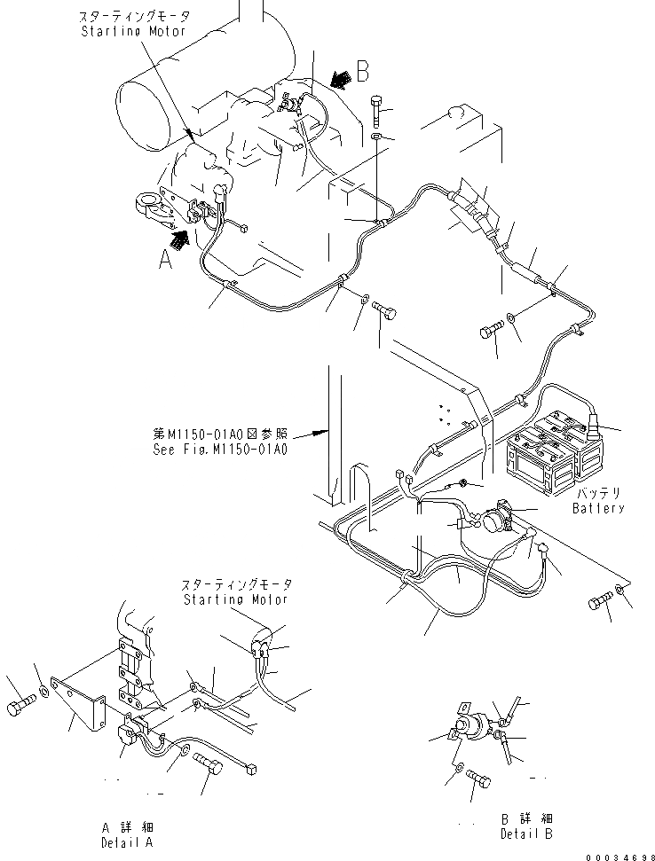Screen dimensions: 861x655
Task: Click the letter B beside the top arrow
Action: coord(362,70)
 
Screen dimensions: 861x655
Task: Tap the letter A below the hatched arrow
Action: coord(163,260)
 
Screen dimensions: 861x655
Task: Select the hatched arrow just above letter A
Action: coord(180,235)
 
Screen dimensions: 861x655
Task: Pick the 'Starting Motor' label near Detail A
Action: coord(236,599)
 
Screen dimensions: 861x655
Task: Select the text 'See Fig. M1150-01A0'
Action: coord(218,449)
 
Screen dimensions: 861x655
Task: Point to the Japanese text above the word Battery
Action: coord(597,493)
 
